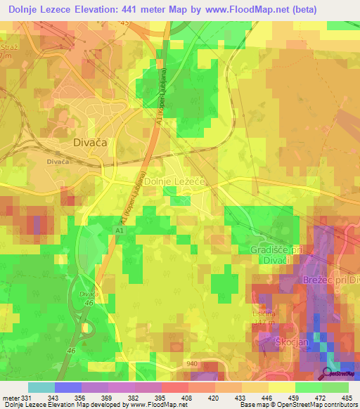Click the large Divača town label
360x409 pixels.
pos(91,142)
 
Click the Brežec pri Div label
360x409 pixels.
pos(330,279)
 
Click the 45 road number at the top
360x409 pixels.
pos(125,23)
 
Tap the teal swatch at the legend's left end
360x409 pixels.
pos(41,387)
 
